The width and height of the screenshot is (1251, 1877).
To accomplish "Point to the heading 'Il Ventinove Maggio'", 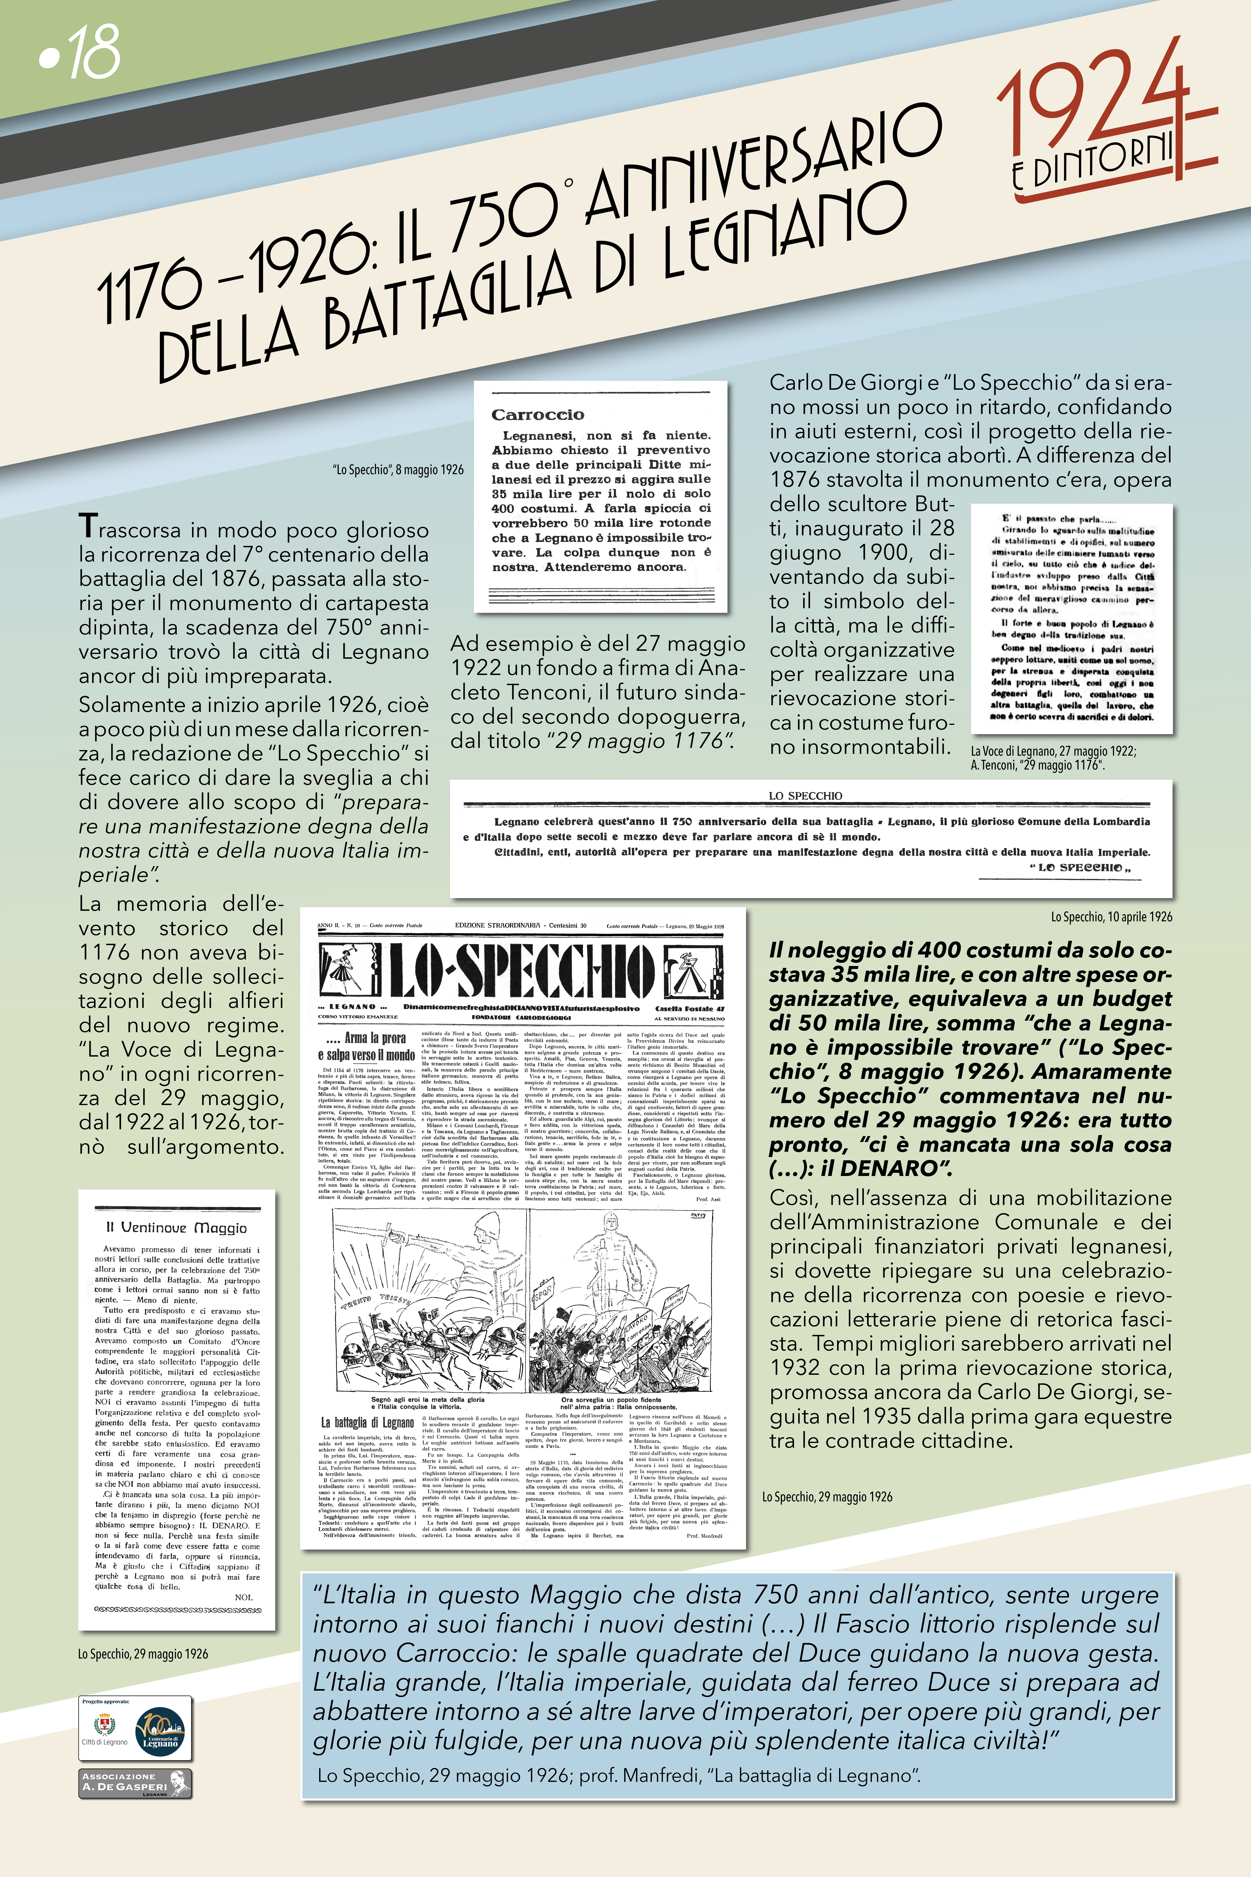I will click(176, 1227).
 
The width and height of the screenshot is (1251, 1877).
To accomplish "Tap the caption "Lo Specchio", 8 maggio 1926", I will click(397, 470).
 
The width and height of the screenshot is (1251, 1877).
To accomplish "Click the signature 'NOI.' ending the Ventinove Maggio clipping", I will click(243, 1597).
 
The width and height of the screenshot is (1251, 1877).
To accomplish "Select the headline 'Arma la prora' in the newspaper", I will click(366, 1038).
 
